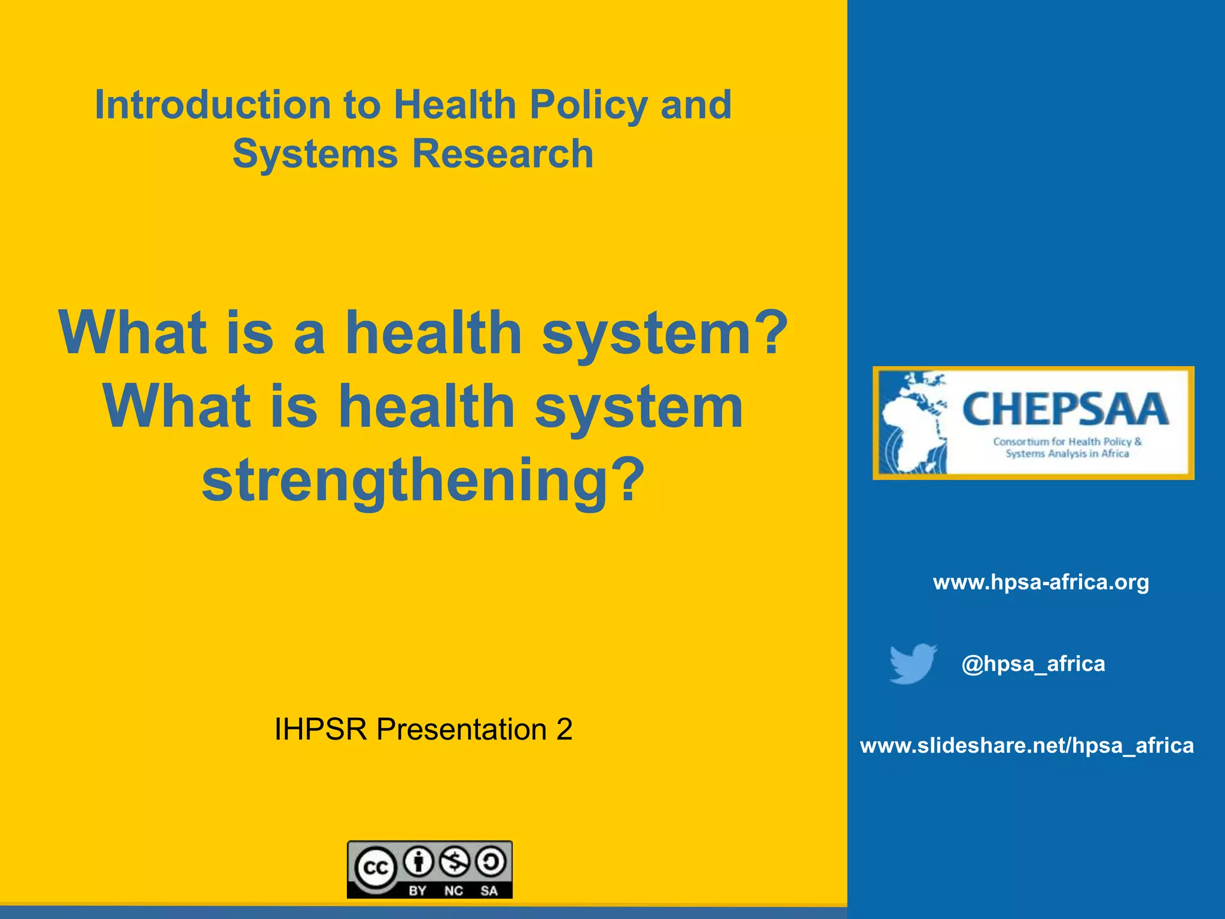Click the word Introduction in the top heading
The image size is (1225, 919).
[x=212, y=105]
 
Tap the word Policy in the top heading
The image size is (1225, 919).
[x=589, y=105]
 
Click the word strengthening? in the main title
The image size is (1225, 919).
[x=423, y=480]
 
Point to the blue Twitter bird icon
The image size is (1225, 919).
[x=913, y=663]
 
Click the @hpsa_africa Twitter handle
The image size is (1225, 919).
[x=1033, y=664]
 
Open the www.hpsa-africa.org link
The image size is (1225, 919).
[x=1041, y=582]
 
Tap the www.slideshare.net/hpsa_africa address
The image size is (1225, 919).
[x=1026, y=745]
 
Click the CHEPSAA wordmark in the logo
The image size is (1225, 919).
[x=1065, y=410]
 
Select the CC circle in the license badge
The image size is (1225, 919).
[x=376, y=868]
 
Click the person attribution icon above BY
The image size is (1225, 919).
[x=419, y=862]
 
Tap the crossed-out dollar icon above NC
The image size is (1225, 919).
[x=455, y=862]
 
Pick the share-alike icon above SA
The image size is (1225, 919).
[x=490, y=862]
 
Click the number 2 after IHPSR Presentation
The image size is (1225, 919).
[x=564, y=729]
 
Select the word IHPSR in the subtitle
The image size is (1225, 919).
[x=320, y=729]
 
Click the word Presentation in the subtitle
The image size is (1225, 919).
[x=461, y=729]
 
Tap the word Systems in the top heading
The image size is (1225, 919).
[x=315, y=154]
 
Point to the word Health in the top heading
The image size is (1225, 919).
[x=455, y=105]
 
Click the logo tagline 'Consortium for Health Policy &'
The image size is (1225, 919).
[x=1067, y=442]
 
